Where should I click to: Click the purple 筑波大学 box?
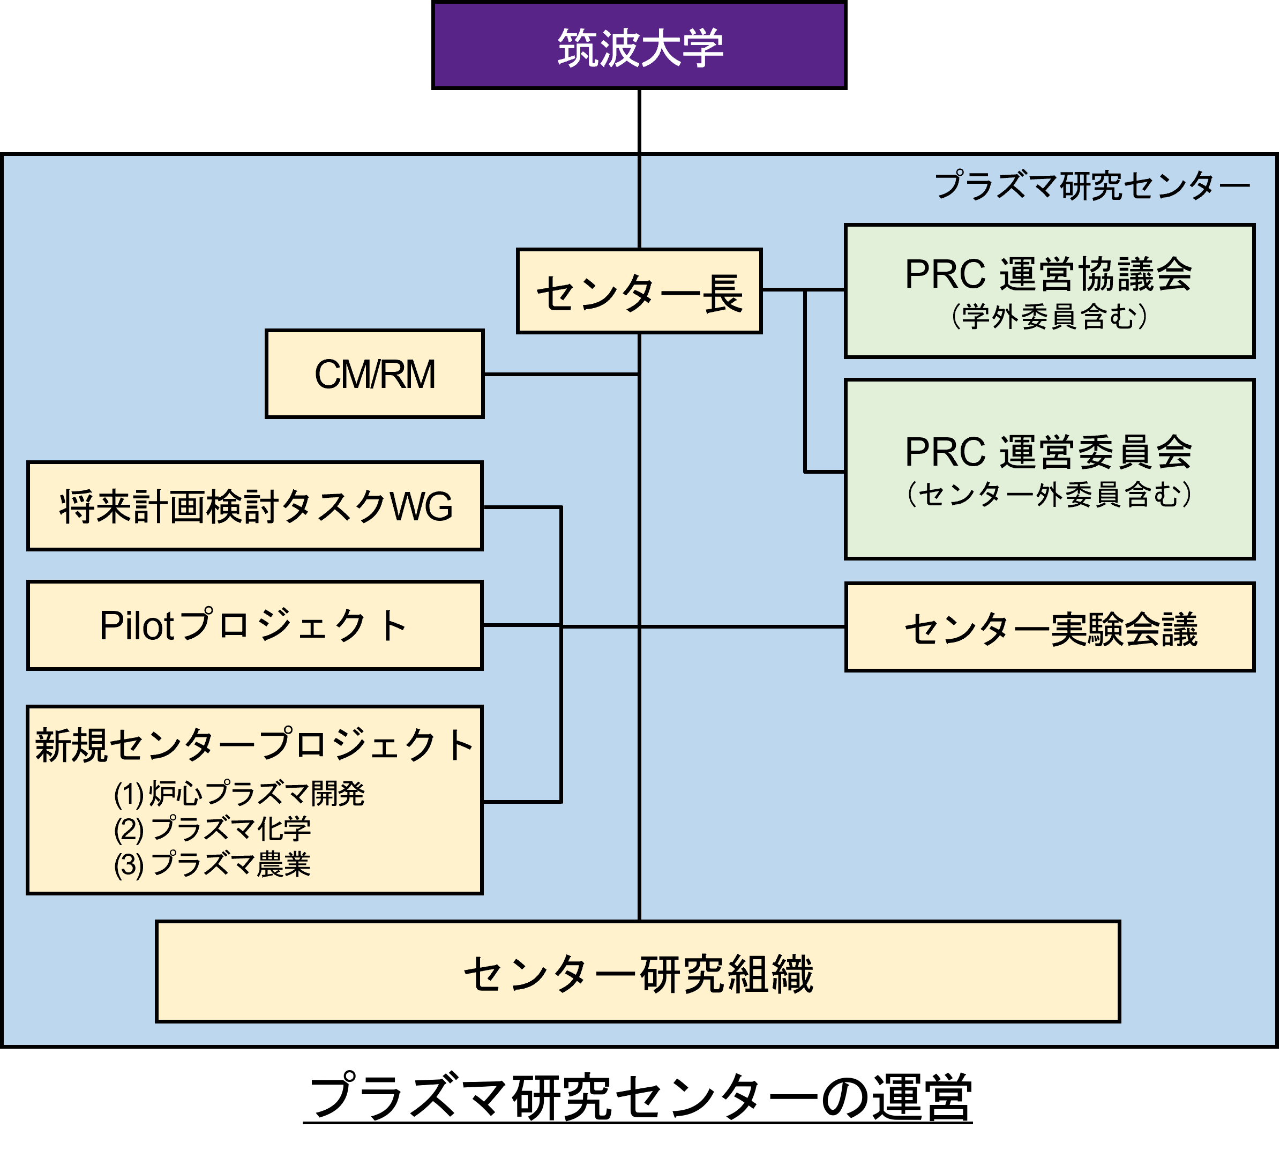[639, 46]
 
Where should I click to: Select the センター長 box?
[639, 292]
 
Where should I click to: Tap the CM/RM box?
[375, 374]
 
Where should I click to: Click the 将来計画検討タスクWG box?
[254, 506]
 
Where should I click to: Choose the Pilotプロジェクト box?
[254, 625]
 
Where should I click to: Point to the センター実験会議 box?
[1050, 628]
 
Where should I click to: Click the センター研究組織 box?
[638, 972]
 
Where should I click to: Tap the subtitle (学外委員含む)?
[1049, 316]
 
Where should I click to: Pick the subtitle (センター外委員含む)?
[1049, 494]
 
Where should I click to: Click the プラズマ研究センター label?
[1091, 186]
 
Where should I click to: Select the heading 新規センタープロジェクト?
[254, 745]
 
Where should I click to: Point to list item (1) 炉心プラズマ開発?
[239, 794]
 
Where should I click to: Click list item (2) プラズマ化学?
[213, 829]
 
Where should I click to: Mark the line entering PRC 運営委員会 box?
[825, 472]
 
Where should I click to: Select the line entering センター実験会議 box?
[743, 626]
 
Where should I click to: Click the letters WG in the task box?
[422, 506]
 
